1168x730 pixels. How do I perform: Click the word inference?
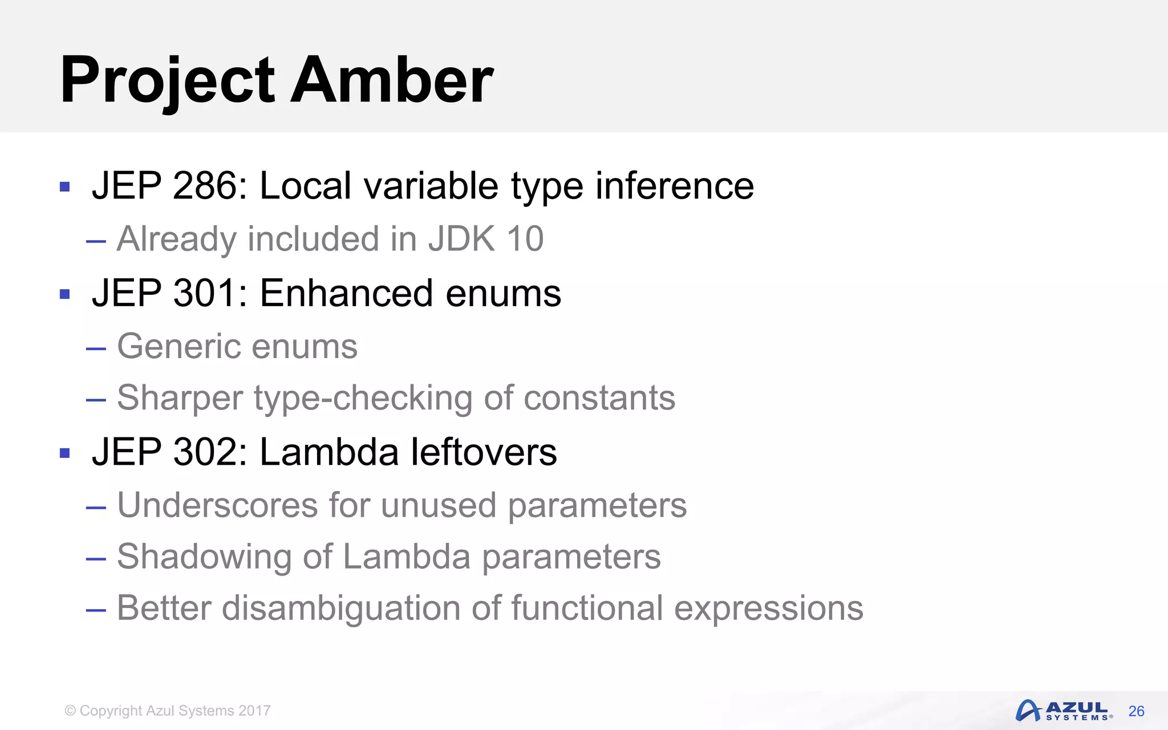click(x=675, y=186)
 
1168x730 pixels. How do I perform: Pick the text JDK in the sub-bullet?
click(x=462, y=238)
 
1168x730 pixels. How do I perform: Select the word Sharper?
click(x=180, y=398)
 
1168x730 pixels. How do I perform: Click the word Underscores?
click(x=217, y=505)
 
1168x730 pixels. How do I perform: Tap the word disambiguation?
click(x=340, y=608)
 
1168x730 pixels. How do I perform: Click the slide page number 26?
click(x=1136, y=711)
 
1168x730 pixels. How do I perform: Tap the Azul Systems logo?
click(x=1063, y=711)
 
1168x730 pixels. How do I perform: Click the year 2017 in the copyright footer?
click(x=254, y=711)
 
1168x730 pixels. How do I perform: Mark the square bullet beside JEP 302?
click(x=64, y=453)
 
